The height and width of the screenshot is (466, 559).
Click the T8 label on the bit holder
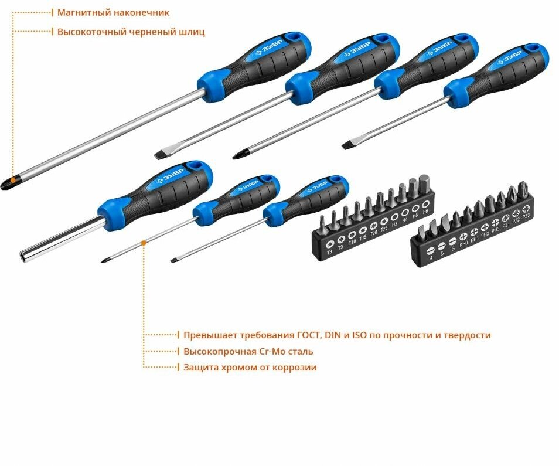tap(328, 252)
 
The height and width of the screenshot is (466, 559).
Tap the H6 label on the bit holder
tap(425, 211)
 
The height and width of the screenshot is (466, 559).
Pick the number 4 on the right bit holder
tap(431, 258)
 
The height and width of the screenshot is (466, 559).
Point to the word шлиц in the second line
tap(194, 32)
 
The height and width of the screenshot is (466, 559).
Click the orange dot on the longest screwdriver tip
tap(13, 178)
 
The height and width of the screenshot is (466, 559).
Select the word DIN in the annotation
tap(332, 335)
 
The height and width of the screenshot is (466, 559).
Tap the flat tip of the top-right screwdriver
tap(347, 143)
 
